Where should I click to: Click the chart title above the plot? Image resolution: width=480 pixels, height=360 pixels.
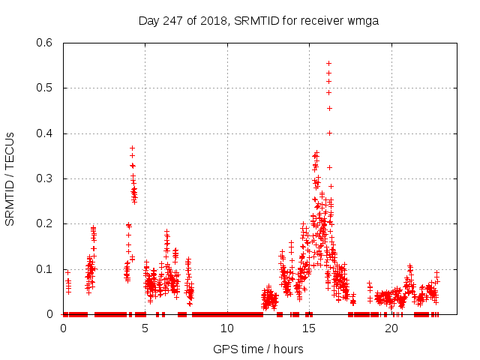pyautogui.click(x=259, y=21)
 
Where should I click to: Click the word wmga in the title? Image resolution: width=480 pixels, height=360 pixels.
pyautogui.click(x=364, y=21)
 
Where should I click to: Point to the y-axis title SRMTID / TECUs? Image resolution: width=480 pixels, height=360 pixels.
pyautogui.click(x=10, y=179)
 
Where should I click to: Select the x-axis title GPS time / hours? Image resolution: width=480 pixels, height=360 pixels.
pyautogui.click(x=258, y=349)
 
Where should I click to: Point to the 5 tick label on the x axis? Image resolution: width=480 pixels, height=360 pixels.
pyautogui.click(x=145, y=328)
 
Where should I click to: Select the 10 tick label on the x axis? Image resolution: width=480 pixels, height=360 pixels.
pyautogui.click(x=227, y=328)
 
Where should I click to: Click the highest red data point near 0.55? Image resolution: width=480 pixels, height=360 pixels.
pyautogui.click(x=328, y=64)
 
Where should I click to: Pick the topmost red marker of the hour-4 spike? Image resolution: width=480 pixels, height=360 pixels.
pyautogui.click(x=132, y=148)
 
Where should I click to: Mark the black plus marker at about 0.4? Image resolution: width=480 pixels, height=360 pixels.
pyautogui.click(x=329, y=133)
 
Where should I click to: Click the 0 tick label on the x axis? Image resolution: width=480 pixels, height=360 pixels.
pyautogui.click(x=63, y=328)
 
